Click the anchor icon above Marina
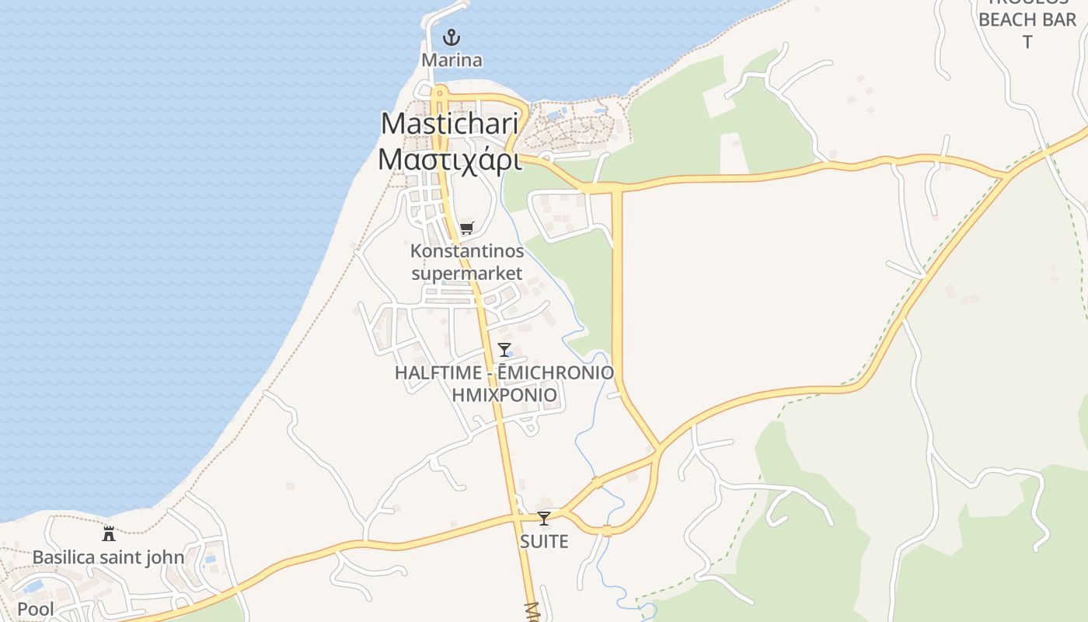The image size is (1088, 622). click(x=451, y=37)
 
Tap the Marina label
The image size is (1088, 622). click(x=452, y=60)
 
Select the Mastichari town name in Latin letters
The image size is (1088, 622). click(x=449, y=124)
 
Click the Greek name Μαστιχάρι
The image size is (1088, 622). click(x=449, y=158)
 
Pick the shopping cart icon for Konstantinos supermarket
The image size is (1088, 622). click(x=466, y=228)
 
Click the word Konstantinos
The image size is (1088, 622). click(x=467, y=251)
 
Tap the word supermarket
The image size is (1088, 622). click(x=467, y=273)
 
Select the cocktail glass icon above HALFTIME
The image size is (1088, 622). click(x=504, y=350)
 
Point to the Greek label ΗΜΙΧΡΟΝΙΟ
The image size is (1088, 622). click(x=504, y=394)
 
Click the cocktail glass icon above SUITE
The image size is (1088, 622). click(x=544, y=519)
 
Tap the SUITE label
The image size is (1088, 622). click(x=544, y=541)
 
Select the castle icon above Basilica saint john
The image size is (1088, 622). click(x=109, y=534)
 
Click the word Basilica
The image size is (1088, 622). click(x=64, y=557)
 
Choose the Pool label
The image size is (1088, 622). click(x=36, y=609)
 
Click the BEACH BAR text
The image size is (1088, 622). click(x=1027, y=19)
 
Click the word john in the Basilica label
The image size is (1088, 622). click(x=168, y=557)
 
